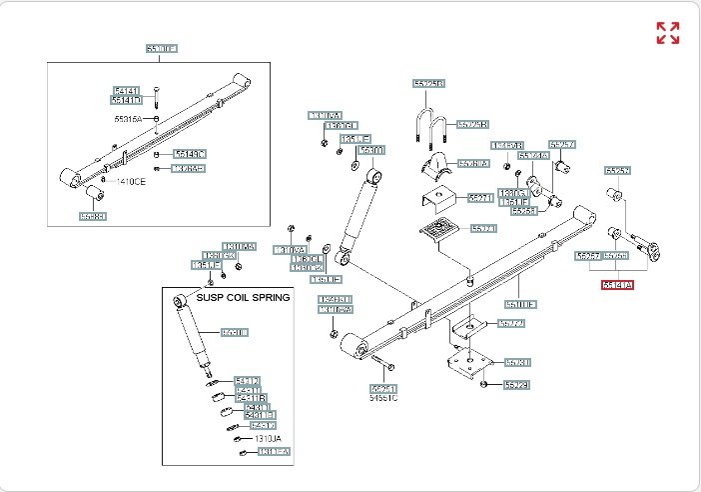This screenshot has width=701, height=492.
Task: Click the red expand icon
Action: click(667, 33)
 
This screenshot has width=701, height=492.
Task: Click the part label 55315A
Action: click(128, 118)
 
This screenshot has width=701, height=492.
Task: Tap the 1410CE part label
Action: click(130, 180)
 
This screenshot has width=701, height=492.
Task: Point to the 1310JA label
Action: click(269, 438)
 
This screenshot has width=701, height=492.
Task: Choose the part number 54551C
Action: click(383, 398)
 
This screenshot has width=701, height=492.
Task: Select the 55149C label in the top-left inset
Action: click(189, 153)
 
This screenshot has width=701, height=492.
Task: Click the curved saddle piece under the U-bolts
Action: click(435, 166)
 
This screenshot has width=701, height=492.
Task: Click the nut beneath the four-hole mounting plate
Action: click(483, 383)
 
